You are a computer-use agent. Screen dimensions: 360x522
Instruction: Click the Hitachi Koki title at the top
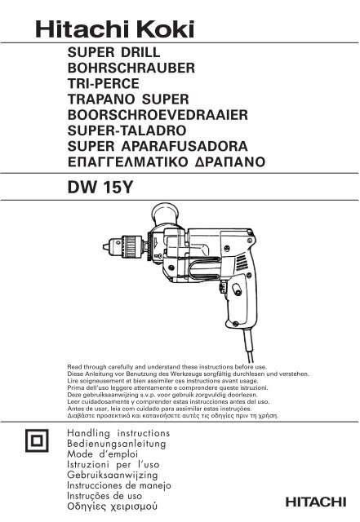114,29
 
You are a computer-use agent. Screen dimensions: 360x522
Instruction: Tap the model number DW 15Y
100,188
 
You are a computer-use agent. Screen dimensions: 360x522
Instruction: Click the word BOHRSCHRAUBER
131,69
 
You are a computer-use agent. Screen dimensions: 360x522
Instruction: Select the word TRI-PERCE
104,83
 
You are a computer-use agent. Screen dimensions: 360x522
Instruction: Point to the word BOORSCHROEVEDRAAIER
158,115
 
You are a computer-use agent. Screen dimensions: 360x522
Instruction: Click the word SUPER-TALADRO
127,130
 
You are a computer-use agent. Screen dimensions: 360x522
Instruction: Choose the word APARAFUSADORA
184,147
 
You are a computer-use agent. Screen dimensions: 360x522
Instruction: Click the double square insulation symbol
37,440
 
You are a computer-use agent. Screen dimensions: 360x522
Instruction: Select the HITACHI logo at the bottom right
316,502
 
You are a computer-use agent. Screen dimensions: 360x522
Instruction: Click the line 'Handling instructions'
118,433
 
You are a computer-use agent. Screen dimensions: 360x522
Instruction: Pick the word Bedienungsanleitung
117,444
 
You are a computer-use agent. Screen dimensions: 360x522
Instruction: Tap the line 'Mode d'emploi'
102,454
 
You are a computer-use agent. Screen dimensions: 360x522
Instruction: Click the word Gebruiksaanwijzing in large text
113,475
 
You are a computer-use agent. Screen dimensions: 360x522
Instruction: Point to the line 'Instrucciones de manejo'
119,485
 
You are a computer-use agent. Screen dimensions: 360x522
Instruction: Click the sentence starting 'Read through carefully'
167,367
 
